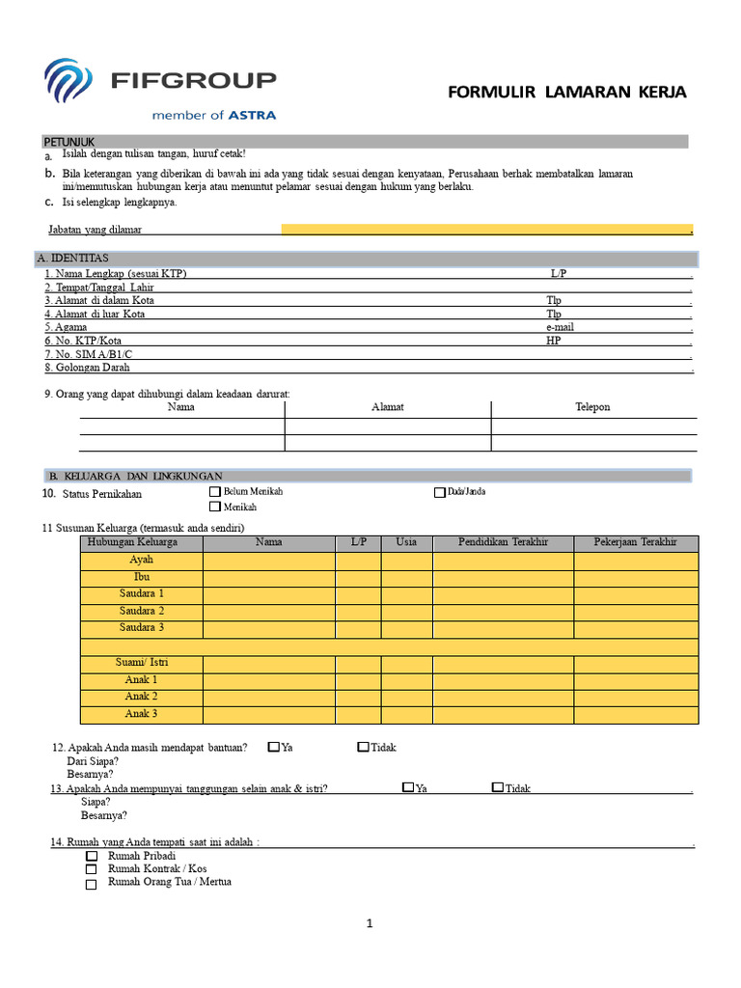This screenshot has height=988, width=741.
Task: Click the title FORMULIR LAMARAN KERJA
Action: [x=567, y=93]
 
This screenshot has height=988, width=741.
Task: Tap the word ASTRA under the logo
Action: [x=252, y=115]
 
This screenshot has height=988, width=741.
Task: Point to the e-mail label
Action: [x=560, y=327]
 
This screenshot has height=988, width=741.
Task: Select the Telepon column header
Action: [x=592, y=407]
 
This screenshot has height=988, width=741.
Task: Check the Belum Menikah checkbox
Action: [x=215, y=492]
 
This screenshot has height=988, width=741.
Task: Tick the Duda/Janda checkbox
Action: [x=440, y=492]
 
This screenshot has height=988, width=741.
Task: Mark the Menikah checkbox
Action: [x=215, y=507]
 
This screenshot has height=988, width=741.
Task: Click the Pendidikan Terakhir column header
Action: [x=503, y=542]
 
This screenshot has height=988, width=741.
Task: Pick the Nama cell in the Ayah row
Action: [x=268, y=561]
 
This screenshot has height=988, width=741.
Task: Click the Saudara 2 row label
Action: [x=142, y=612]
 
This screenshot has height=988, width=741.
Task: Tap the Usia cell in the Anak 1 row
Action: [x=406, y=680]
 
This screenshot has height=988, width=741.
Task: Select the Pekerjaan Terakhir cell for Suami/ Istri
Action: [x=635, y=664]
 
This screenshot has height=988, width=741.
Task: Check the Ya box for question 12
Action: [x=274, y=747]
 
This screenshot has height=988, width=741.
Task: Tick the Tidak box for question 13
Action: [x=497, y=787]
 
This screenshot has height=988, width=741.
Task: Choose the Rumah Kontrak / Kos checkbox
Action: [x=92, y=869]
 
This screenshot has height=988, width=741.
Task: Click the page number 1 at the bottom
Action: [x=369, y=924]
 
